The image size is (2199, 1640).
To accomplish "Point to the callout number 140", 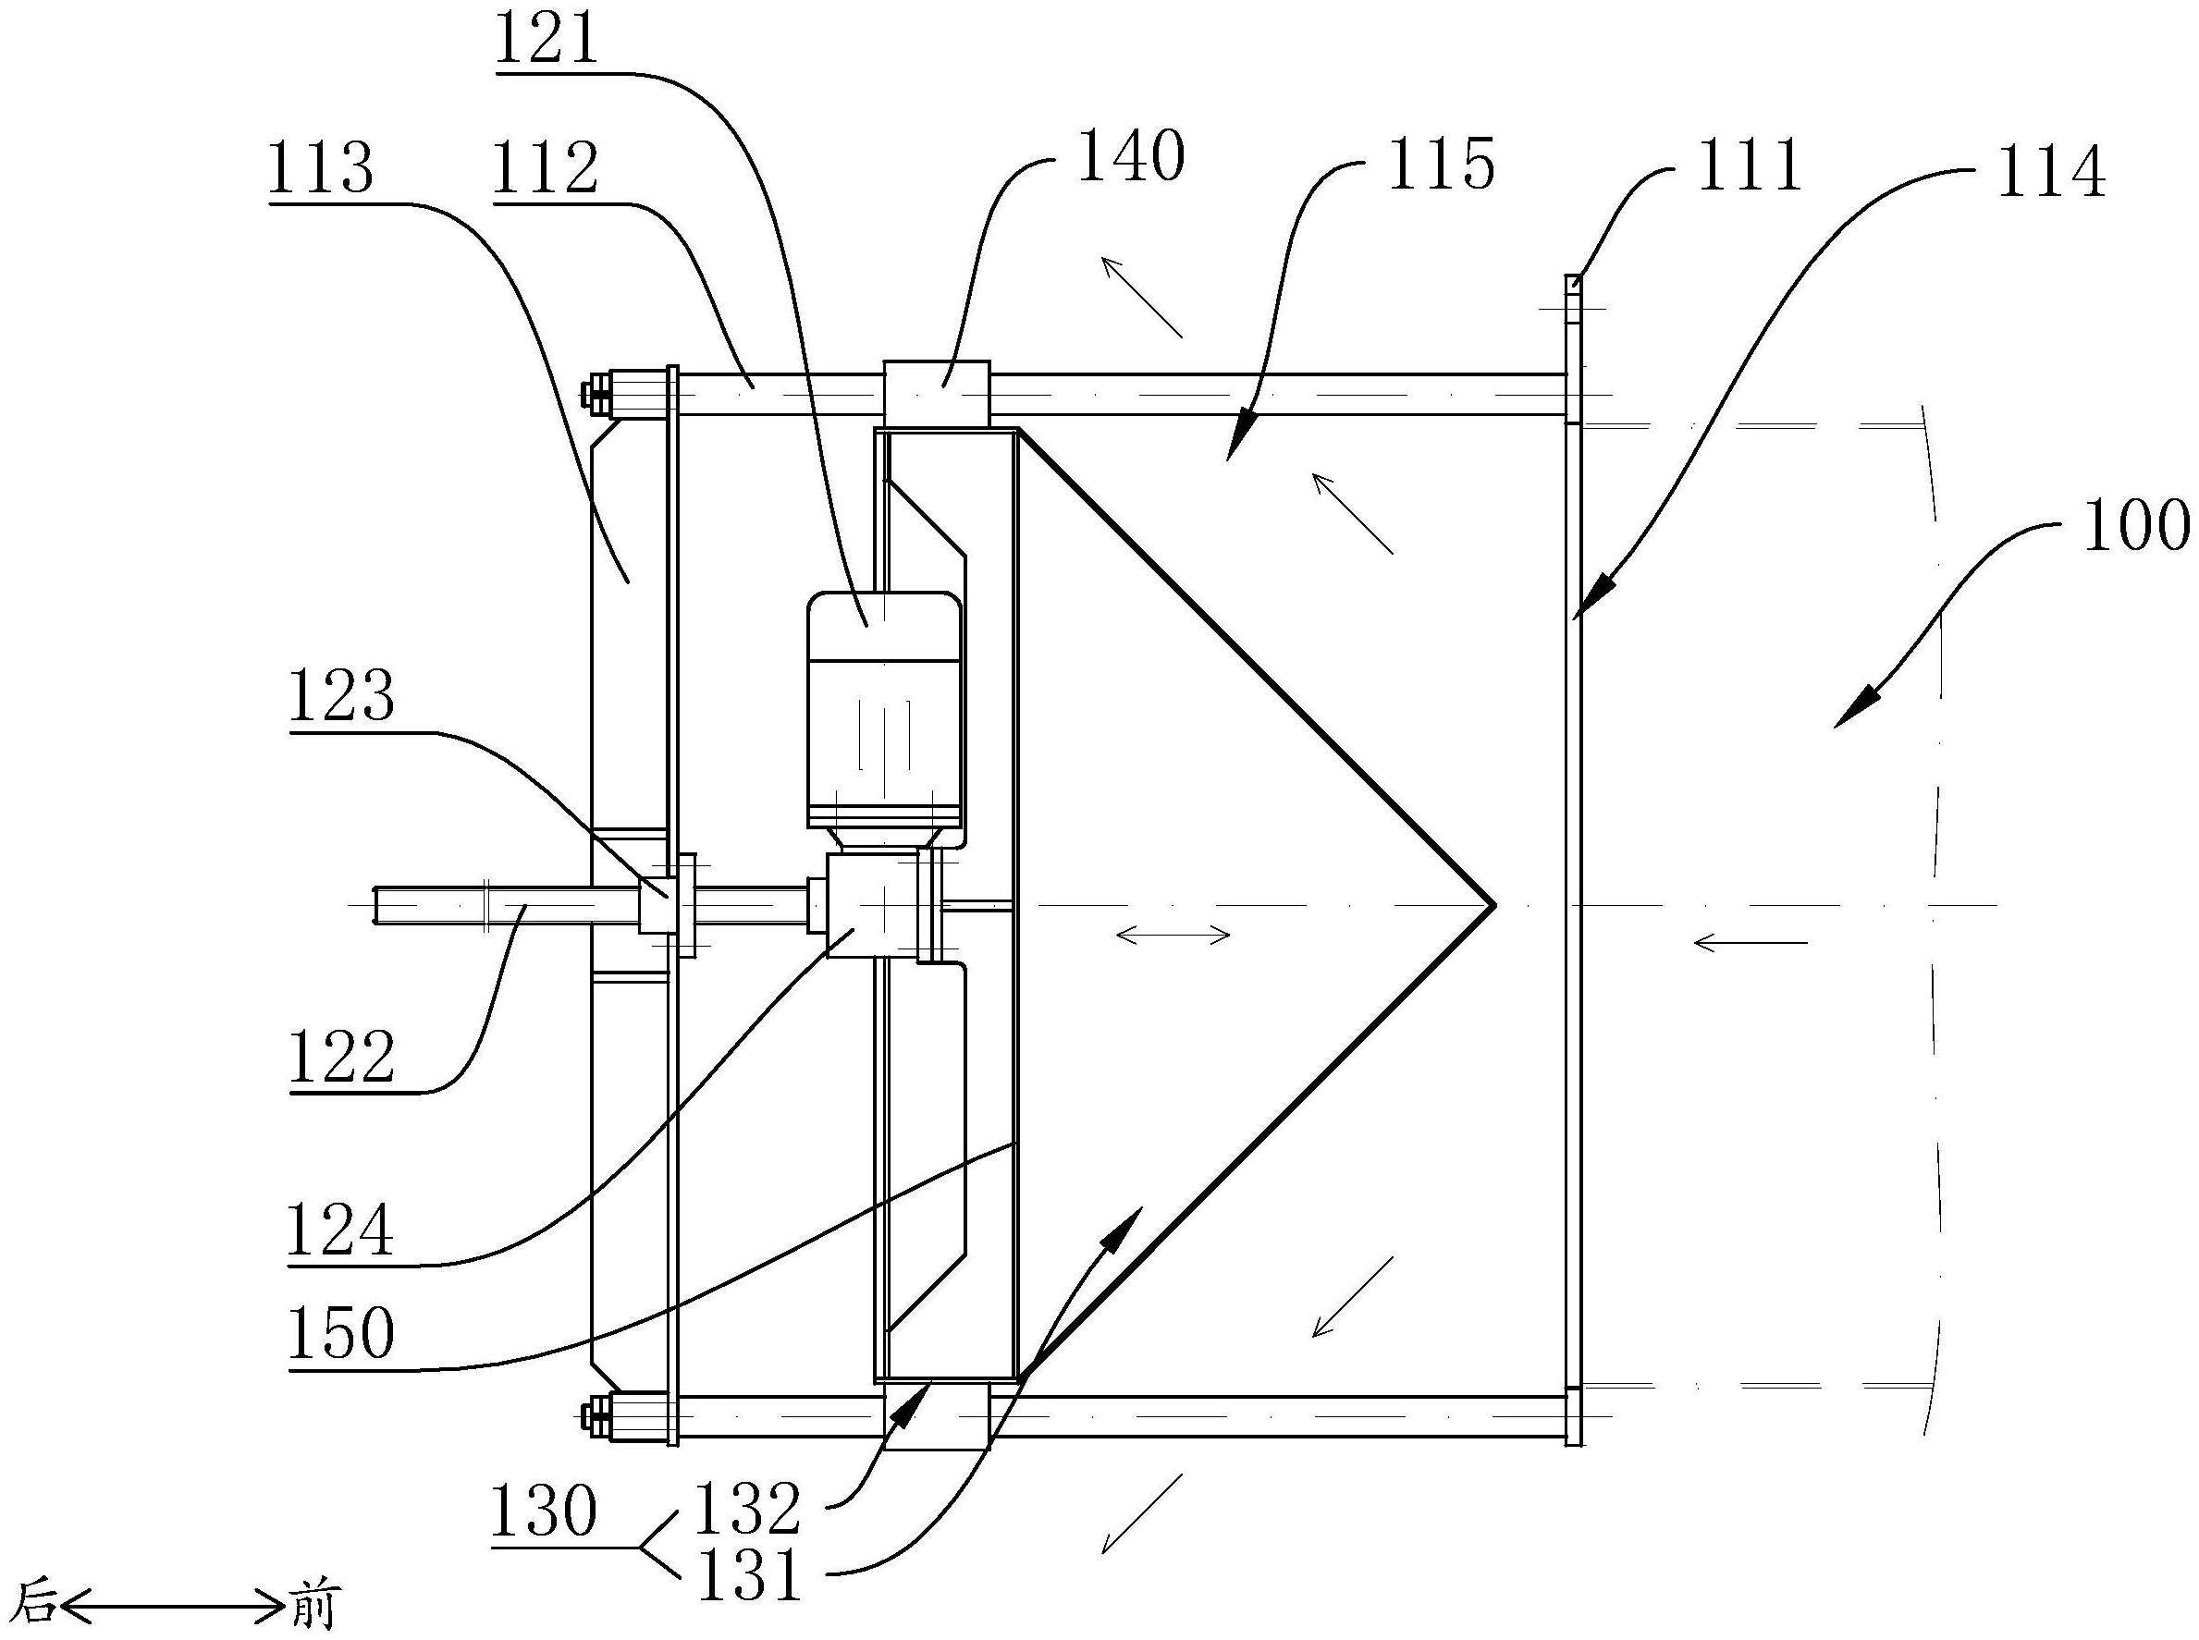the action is [1131, 157].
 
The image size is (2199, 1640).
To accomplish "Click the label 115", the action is [1442, 164].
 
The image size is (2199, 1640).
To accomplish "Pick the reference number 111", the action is [1750, 165].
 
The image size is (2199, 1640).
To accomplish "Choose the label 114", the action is [2052, 173].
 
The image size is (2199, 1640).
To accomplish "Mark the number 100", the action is [2136, 525].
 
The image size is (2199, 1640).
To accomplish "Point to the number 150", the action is [341, 1333].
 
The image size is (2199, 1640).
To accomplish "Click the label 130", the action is [545, 1513].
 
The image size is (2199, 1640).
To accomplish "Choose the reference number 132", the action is [747, 1508].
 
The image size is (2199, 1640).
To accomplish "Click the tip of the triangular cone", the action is [1493, 904].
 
